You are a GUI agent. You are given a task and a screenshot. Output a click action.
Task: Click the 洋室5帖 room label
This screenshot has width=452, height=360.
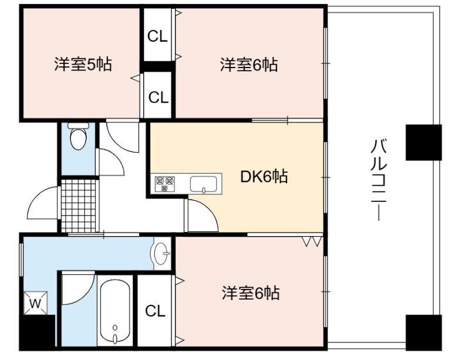tap(83, 64)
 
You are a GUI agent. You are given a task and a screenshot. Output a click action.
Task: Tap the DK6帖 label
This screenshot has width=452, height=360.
tap(264, 176)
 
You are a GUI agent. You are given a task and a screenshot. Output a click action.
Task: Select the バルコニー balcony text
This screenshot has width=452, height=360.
tap(379, 180)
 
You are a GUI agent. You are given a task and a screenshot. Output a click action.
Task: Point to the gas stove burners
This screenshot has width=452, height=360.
tap(165, 184)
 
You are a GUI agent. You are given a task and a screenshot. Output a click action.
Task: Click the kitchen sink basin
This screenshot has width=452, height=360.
tap(203, 184)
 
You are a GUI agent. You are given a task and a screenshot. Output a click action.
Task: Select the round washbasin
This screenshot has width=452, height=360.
tap(161, 254)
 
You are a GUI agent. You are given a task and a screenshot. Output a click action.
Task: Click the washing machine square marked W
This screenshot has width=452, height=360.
tap(35, 303)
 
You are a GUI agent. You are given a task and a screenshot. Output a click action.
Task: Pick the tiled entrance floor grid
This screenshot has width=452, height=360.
tap(79, 206)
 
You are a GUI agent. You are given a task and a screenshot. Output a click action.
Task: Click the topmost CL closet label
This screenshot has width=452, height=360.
tap(157, 36)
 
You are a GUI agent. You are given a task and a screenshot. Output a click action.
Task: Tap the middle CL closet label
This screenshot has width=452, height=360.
tap(158, 97)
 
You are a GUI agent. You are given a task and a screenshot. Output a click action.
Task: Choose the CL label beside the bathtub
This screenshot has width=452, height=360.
tap(155, 311)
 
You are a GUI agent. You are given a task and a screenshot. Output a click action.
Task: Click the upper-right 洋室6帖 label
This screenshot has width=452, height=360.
tap(249, 65)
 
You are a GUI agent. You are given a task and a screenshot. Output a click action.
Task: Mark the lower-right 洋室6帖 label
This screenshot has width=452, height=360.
tap(251, 293)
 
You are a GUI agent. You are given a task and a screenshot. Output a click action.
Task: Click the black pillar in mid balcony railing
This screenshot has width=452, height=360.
tap(423, 143)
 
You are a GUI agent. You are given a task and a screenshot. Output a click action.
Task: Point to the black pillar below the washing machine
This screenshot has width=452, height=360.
tap(37, 332)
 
